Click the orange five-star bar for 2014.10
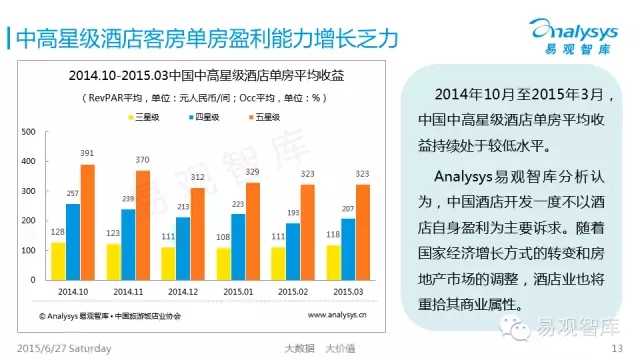87,222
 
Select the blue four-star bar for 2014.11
128,245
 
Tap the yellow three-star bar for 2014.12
168,264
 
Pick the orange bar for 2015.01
253,231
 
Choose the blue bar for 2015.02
293,251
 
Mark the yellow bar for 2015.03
333,263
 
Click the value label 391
87,153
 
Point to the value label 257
73,193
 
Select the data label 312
198,177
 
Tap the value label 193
293,213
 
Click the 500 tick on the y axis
28,132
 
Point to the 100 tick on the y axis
28,250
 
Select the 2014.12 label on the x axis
183,292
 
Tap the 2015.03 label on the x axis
348,292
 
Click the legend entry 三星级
144,117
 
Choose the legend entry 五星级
264,117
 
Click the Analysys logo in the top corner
574,36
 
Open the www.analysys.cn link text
337,315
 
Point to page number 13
617,348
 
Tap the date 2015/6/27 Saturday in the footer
64,349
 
